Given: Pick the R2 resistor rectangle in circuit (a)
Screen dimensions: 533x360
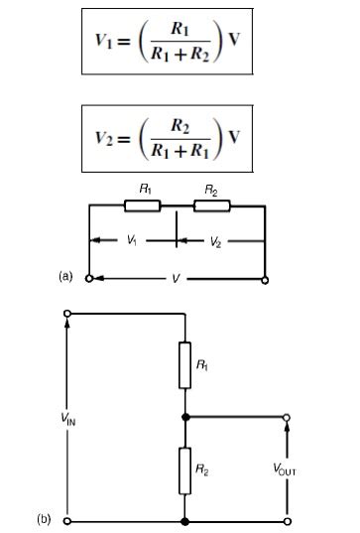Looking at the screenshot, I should click(x=210, y=206).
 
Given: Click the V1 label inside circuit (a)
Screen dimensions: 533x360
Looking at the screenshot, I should click(x=131, y=240).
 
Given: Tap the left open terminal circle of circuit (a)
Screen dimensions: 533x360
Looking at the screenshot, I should click(x=89, y=279).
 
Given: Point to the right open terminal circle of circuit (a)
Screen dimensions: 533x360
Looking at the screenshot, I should click(x=266, y=279).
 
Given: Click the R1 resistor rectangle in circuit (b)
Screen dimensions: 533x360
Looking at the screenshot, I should click(x=185, y=363).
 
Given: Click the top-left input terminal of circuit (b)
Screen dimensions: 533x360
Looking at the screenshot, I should click(x=67, y=314).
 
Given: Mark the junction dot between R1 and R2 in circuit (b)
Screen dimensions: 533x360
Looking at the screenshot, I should click(x=185, y=417).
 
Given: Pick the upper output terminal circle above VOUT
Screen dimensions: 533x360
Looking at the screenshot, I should click(x=288, y=417).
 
